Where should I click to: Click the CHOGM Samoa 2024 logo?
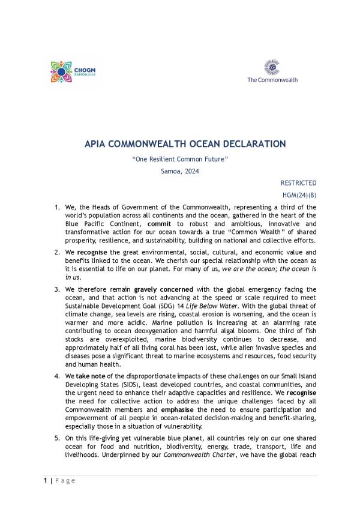(x=73, y=72)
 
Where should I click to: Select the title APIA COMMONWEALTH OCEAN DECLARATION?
(x=185, y=144)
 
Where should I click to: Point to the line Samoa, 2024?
(x=180, y=171)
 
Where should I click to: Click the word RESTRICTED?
(x=298, y=183)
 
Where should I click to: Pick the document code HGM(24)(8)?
(x=299, y=195)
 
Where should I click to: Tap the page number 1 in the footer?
(x=45, y=481)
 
